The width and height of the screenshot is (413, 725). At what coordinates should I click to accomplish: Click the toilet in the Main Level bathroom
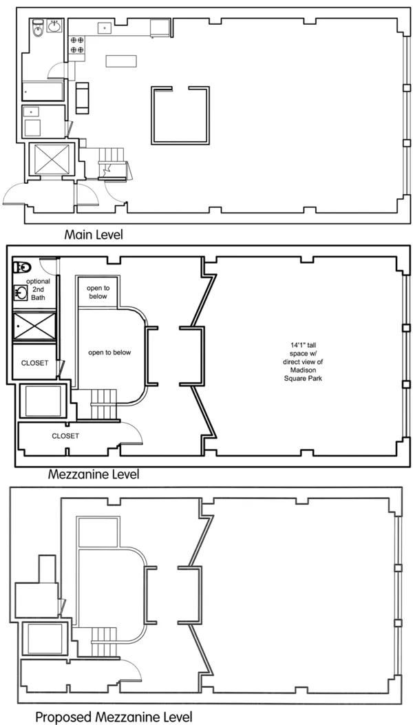coord(38,28)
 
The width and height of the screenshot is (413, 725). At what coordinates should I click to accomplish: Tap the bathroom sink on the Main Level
coord(54,28)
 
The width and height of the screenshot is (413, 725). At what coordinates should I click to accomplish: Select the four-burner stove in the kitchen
coord(76,45)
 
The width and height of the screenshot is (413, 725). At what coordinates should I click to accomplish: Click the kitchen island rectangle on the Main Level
coord(116,61)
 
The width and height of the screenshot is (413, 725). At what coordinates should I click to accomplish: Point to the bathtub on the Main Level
coord(43,90)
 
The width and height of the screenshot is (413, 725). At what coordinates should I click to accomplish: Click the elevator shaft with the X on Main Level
coord(50,158)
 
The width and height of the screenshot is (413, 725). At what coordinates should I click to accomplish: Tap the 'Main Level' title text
coord(94,235)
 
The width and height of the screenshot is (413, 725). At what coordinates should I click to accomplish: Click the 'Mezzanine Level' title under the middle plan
coord(94,474)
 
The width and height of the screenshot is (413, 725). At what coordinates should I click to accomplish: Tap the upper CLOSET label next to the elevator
coord(34,363)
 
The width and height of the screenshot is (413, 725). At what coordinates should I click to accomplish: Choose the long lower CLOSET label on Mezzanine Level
coord(65,436)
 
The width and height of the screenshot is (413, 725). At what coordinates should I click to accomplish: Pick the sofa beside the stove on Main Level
coord(83,97)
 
